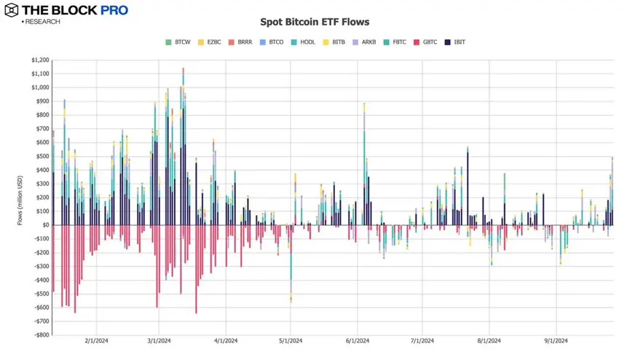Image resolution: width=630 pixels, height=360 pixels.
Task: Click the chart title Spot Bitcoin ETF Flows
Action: click(315, 22)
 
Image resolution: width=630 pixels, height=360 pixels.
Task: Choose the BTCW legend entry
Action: click(178, 42)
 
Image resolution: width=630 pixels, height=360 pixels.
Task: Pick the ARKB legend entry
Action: click(364, 42)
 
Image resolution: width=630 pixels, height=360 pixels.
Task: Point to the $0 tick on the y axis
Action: click(44, 225)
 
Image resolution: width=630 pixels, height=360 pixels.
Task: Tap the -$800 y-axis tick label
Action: click(39, 335)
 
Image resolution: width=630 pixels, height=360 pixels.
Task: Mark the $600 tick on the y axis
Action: click(40, 143)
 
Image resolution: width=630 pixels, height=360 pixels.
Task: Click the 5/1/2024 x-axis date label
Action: click(291, 341)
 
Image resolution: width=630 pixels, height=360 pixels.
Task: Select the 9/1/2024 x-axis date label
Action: click(556, 341)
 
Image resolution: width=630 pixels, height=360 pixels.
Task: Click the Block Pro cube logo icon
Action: click(12, 11)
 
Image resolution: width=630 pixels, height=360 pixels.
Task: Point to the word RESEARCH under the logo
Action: click(42, 22)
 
